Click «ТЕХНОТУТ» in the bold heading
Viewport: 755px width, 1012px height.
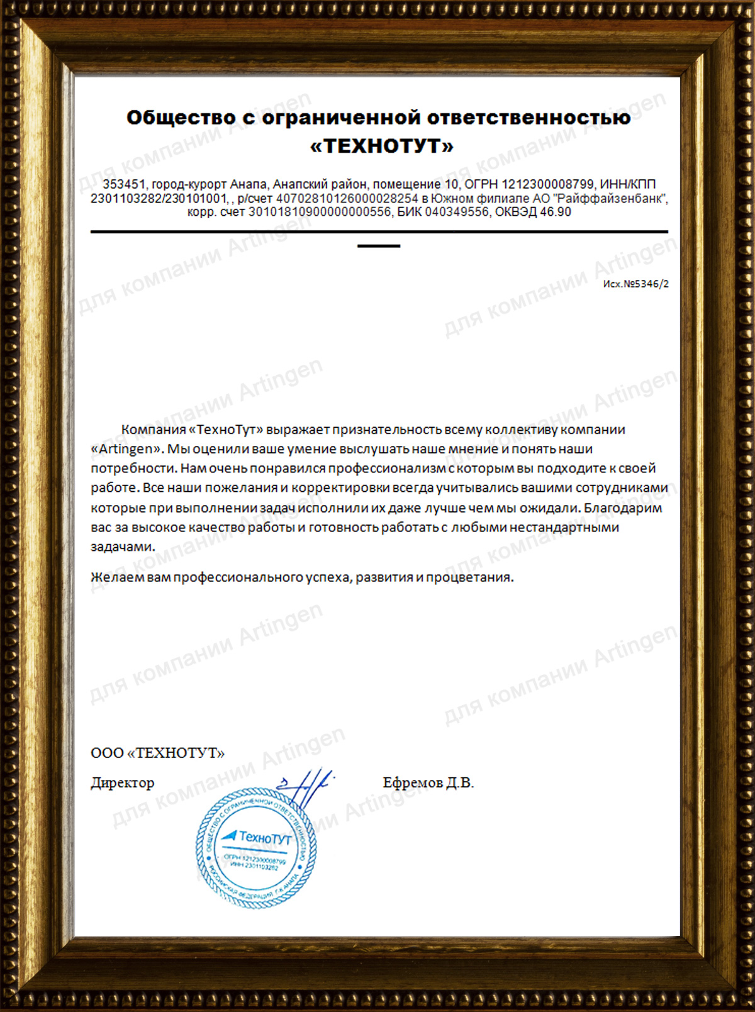(x=381, y=146)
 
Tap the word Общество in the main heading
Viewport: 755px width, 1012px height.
(x=181, y=118)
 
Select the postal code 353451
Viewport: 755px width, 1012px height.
(x=124, y=184)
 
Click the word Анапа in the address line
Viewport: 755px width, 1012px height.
(x=248, y=184)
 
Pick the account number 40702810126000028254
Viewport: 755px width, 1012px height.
(x=347, y=199)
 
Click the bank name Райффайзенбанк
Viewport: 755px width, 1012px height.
(x=609, y=199)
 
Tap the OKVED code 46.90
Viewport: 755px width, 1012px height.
(x=556, y=213)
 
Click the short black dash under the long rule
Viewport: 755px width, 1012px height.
(x=379, y=246)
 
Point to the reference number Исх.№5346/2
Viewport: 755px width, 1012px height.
(x=635, y=284)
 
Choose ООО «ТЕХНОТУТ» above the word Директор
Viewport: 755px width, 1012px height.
(x=157, y=753)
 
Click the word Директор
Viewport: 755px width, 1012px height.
(x=123, y=783)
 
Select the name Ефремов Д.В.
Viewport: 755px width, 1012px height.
(x=428, y=783)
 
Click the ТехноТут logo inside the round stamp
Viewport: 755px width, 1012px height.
(x=257, y=837)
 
